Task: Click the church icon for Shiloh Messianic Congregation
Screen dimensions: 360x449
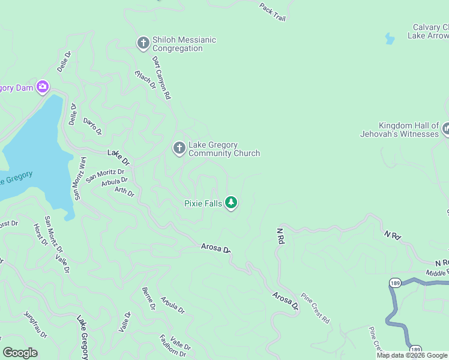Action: (143, 43)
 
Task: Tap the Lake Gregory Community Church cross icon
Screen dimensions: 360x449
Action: (179, 148)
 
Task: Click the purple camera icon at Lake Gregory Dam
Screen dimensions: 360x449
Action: (42, 87)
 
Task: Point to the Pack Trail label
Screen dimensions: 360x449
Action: (272, 11)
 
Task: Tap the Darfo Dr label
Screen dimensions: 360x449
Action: (92, 126)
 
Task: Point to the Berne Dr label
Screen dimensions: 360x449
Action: (148, 298)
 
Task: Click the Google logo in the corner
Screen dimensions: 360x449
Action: (20, 353)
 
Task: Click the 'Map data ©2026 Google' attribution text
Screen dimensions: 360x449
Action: (412, 355)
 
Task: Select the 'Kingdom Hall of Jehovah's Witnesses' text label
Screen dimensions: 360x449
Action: (399, 129)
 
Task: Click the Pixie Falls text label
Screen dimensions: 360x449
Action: (203, 204)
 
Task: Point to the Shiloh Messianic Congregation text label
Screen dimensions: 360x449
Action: (184, 44)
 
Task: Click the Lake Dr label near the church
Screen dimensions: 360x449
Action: (119, 158)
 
